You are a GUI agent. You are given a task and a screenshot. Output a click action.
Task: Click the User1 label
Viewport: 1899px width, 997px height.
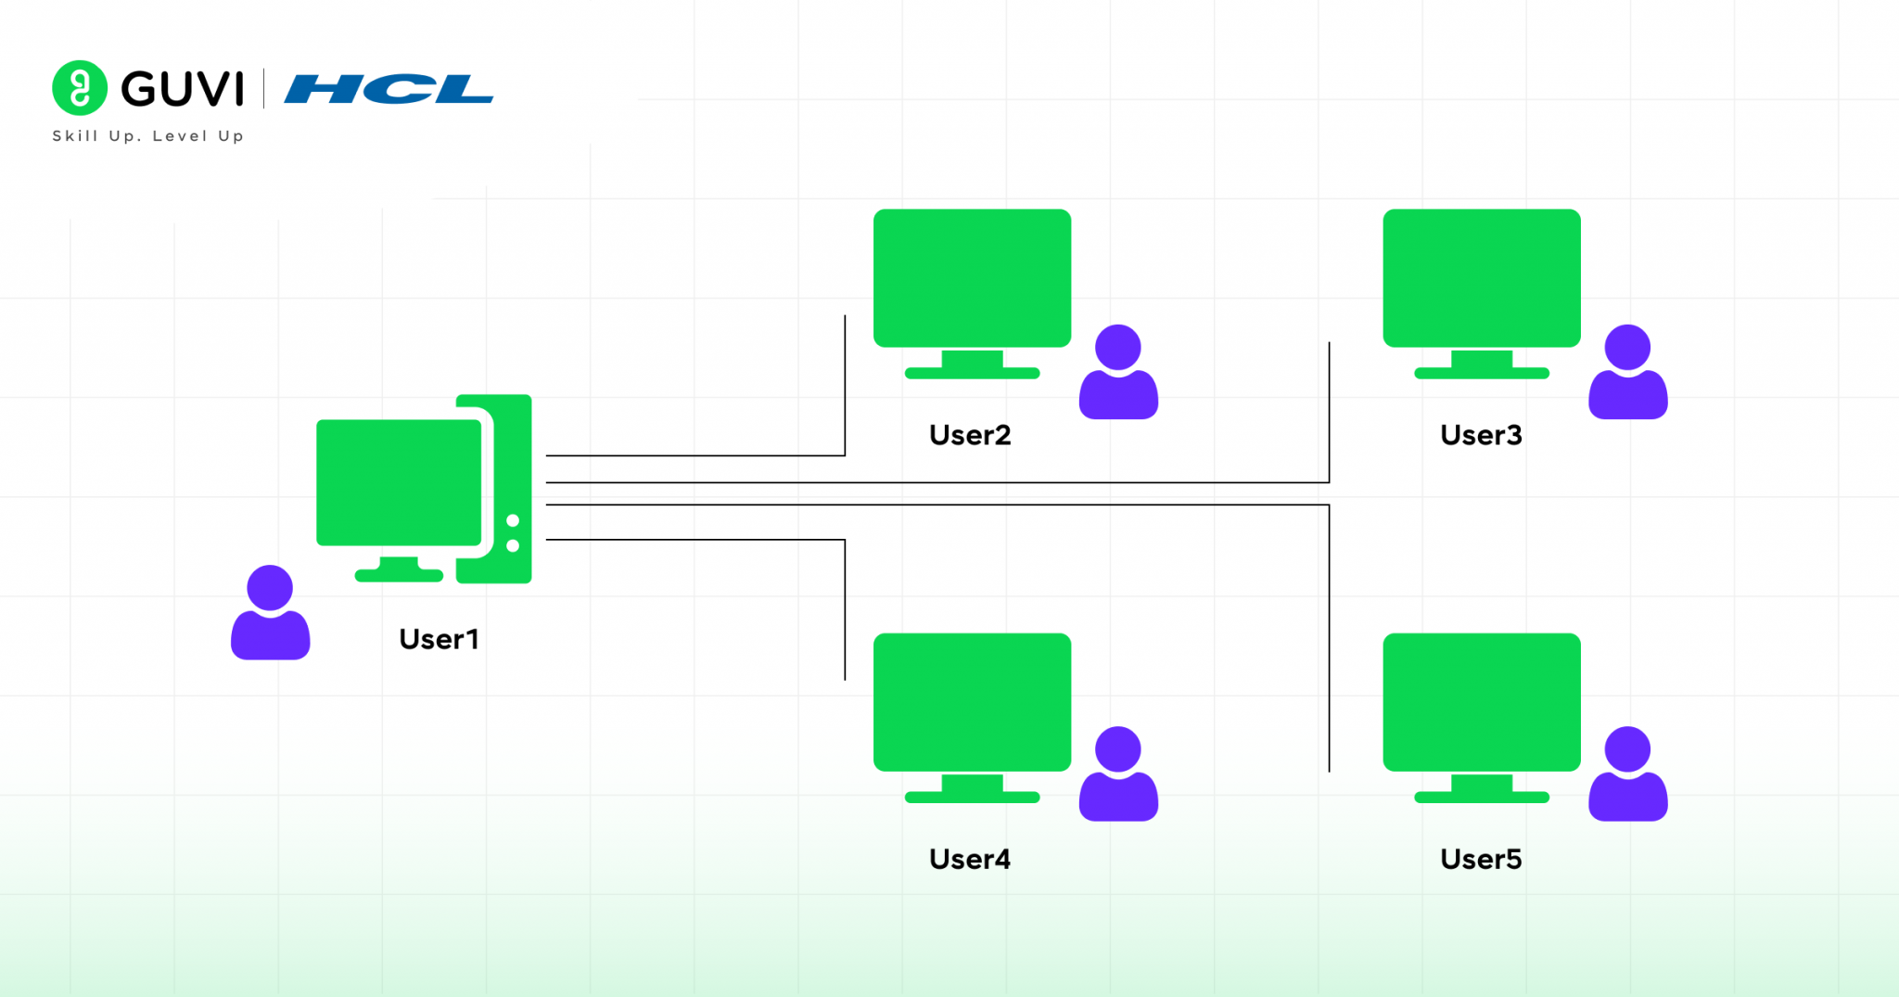(x=439, y=639)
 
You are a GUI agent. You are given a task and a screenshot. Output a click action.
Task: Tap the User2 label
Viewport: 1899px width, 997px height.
(x=970, y=435)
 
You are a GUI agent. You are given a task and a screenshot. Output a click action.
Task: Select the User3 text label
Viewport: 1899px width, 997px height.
(x=1481, y=435)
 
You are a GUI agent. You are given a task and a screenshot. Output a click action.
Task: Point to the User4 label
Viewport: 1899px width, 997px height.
(x=970, y=859)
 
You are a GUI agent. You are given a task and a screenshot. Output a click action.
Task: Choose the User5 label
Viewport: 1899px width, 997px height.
(x=1481, y=859)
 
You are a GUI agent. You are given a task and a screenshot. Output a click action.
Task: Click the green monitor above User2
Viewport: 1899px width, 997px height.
(x=972, y=278)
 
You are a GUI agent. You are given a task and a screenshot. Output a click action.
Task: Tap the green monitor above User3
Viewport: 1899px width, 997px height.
(x=1481, y=278)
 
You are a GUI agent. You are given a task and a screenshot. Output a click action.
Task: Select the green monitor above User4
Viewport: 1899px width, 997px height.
(x=972, y=702)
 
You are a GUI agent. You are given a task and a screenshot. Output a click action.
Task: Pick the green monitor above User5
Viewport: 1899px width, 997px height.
(x=1481, y=702)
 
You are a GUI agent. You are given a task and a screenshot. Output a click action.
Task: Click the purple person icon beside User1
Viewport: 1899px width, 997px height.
(x=270, y=614)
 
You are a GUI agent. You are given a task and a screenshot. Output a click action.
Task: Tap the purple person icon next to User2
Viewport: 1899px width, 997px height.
(x=1118, y=373)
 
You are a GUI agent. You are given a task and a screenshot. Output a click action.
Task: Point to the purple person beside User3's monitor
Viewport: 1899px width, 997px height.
(x=1627, y=373)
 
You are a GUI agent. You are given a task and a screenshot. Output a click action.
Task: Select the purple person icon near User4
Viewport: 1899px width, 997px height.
(x=1118, y=774)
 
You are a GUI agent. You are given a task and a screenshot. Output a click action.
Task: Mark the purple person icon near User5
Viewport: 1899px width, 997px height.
(x=1627, y=774)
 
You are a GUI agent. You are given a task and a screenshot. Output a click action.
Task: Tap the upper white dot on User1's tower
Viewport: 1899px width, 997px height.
(x=513, y=521)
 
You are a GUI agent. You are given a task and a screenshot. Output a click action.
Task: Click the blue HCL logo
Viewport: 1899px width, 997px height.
(x=389, y=89)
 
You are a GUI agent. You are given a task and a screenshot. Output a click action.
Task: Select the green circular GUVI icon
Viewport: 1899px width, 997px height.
(x=80, y=88)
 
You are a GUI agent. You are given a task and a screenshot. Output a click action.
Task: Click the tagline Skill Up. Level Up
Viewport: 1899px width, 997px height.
(x=147, y=136)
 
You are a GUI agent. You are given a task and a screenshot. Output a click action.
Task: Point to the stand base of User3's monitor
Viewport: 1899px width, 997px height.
(x=1481, y=373)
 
